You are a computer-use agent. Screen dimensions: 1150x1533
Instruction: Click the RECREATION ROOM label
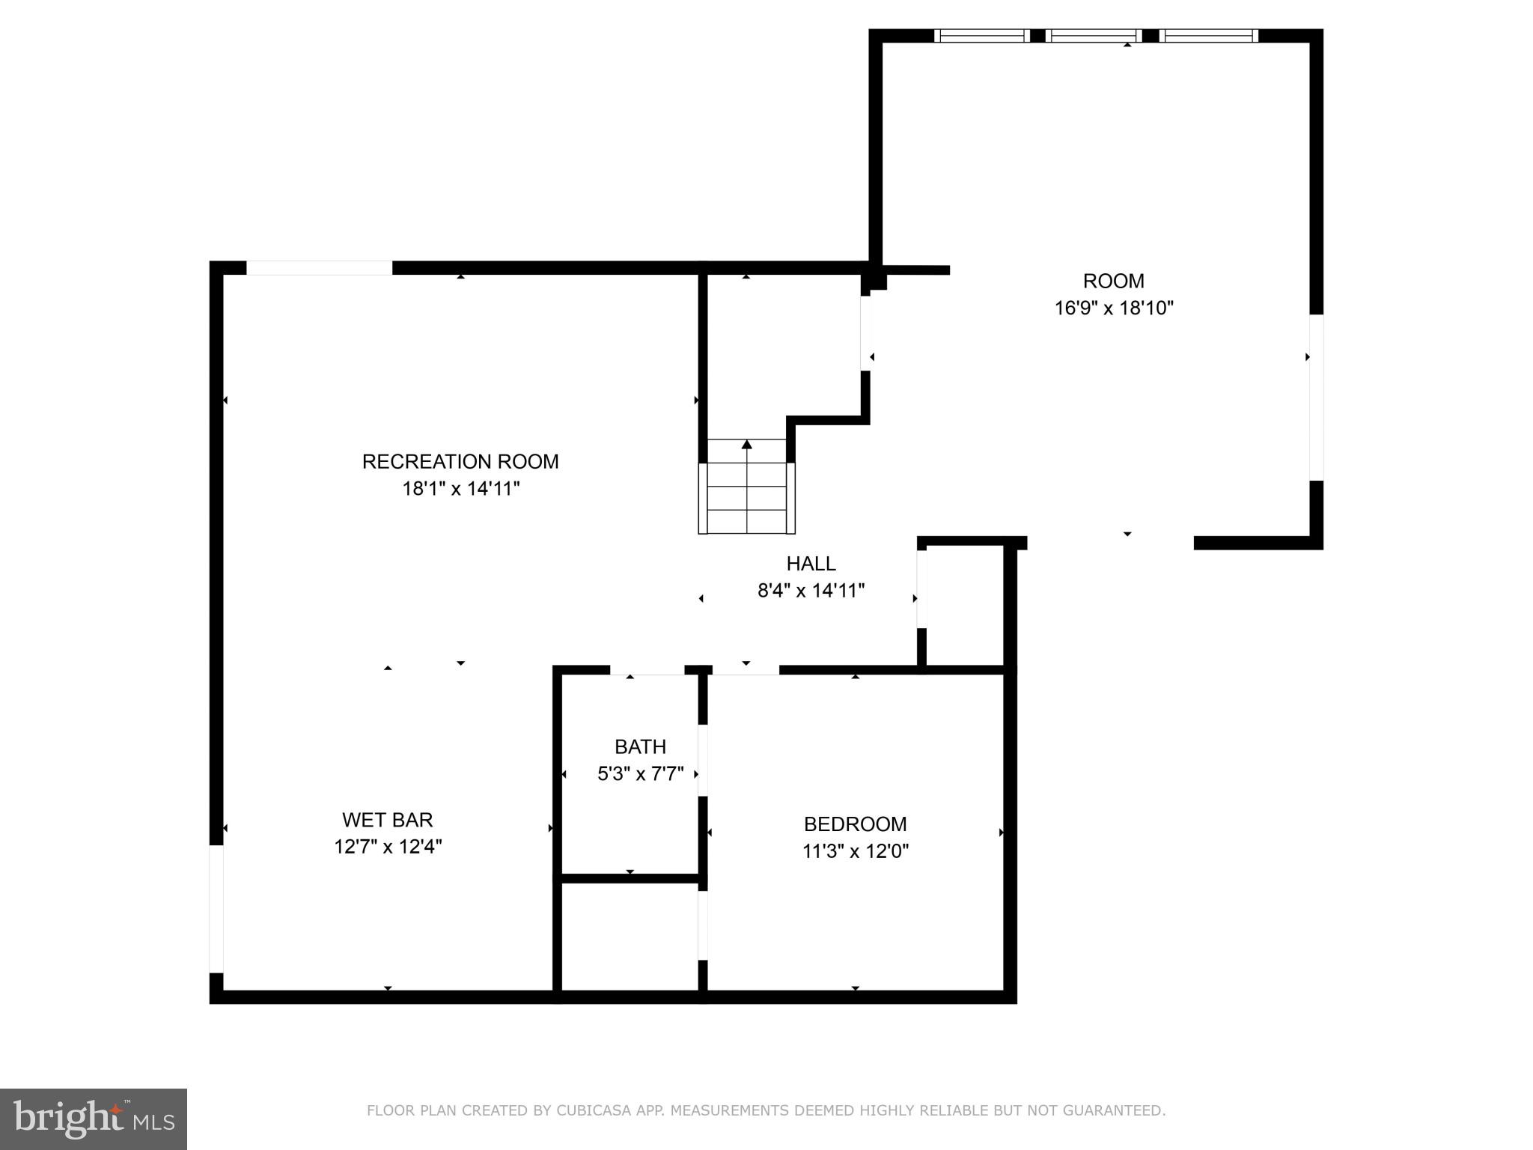click(x=460, y=461)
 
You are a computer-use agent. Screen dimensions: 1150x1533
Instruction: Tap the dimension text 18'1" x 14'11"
click(x=460, y=489)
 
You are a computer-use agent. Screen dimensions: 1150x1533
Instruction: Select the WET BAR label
click(x=387, y=820)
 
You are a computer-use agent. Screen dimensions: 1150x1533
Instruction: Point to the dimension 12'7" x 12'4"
click(x=387, y=847)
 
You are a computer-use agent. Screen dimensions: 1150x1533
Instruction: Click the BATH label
click(x=640, y=746)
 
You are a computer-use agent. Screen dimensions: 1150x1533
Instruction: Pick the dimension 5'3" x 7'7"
click(x=640, y=773)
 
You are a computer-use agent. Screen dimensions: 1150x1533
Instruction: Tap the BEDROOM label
click(x=855, y=824)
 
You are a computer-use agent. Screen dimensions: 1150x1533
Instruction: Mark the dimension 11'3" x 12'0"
click(x=855, y=851)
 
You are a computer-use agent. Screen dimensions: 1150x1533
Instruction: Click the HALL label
click(x=811, y=563)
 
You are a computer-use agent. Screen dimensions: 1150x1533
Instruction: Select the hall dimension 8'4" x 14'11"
click(x=811, y=591)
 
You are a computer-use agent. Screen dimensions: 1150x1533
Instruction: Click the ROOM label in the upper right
click(x=1113, y=281)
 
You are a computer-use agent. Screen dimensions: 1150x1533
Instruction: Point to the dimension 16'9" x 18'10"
click(x=1113, y=308)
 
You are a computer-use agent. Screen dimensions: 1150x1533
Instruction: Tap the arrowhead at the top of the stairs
click(x=746, y=445)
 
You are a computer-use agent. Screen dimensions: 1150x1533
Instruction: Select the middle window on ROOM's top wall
click(x=1094, y=35)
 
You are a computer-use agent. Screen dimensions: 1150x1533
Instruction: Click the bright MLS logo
click(x=94, y=1119)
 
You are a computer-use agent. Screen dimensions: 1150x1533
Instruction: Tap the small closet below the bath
click(x=630, y=936)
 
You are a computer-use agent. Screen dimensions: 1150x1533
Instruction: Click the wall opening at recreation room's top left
click(x=319, y=267)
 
